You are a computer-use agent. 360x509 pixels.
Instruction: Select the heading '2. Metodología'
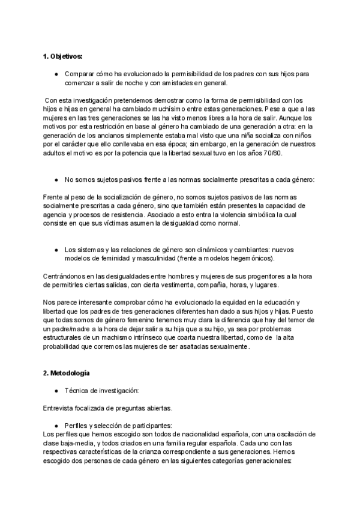66,373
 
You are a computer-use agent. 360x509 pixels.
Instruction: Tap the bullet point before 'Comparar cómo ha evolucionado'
56,74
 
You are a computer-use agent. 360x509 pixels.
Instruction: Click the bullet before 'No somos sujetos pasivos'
56,179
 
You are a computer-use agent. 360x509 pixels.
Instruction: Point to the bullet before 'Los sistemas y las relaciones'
56,249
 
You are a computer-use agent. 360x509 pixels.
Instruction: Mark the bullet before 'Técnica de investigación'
56,391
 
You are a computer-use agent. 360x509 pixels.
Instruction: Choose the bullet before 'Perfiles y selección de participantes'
56,425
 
